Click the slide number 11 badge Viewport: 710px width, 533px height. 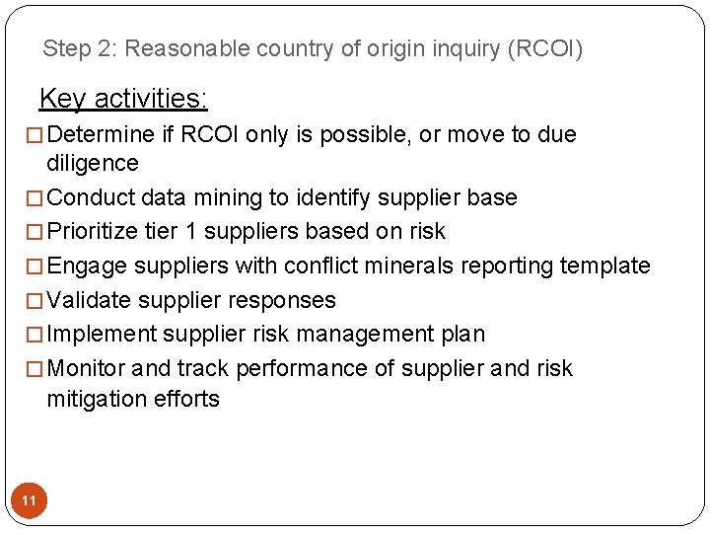tap(29, 501)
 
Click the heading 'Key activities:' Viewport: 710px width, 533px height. tap(123, 99)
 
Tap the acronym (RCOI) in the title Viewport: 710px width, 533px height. tap(544, 48)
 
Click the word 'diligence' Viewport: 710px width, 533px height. tap(93, 163)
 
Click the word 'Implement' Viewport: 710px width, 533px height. tap(102, 334)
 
